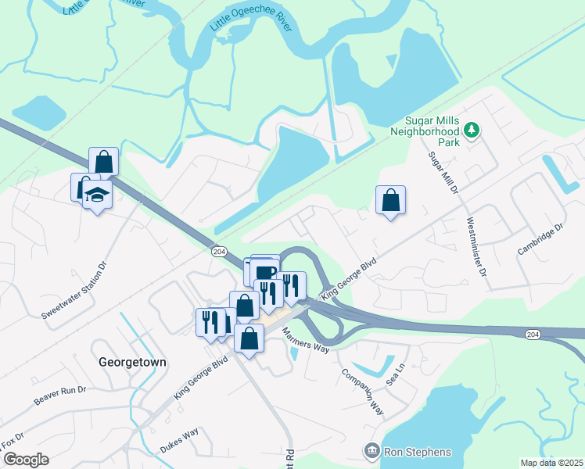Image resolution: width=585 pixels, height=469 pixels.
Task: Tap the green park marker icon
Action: pos(472,130)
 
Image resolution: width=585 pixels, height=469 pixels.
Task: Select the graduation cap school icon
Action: pos(97,194)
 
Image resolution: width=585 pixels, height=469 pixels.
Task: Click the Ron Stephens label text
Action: pos(417,452)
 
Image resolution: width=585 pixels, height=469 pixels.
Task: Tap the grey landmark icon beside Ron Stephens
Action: pos(371,451)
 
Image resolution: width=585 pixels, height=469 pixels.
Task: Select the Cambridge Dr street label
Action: pos(540,240)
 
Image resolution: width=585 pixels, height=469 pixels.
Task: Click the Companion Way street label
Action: pos(362,388)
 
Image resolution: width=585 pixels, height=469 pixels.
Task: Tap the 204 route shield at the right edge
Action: pos(531,334)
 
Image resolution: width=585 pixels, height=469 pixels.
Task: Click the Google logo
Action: pos(25,459)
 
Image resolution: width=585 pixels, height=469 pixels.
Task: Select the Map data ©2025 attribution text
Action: pos(551,463)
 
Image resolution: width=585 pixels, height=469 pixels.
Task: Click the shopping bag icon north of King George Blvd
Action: pos(390,201)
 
